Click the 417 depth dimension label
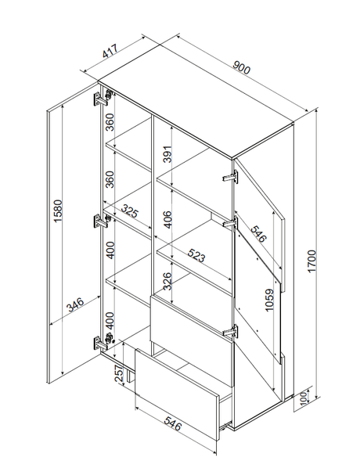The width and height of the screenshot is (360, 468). point(111,51)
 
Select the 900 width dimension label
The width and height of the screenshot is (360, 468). point(241,67)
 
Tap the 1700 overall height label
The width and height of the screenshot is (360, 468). point(311,261)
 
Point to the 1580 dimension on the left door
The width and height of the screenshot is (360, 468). point(58,211)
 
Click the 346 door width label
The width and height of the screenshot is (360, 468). point(75,304)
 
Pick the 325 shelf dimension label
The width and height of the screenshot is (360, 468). point(130,211)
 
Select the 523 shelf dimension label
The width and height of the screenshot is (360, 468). point(196,255)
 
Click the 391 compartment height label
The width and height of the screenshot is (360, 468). point(168,154)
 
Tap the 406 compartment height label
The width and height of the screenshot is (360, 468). point(168,219)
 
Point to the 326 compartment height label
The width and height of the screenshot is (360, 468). point(168,281)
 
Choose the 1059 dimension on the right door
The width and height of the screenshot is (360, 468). point(269,300)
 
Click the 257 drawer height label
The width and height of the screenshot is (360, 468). point(120,375)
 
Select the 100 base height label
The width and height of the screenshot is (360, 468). point(304,398)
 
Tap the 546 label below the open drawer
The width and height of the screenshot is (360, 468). point(172,424)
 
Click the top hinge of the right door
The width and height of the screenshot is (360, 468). point(231,176)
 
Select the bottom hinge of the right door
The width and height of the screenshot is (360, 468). point(231,331)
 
